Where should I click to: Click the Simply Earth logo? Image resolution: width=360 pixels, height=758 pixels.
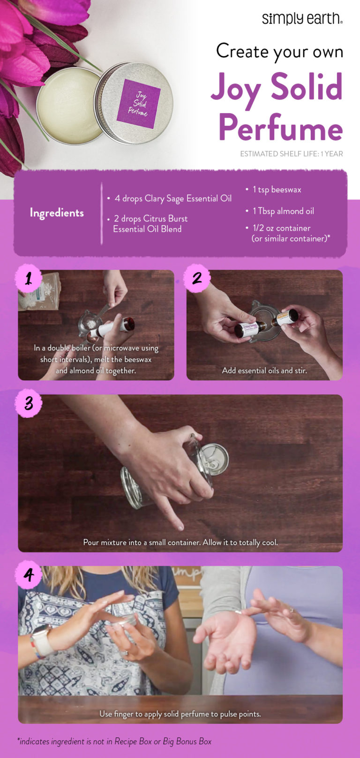[302, 18]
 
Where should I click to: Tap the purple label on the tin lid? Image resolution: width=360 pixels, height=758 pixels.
[139, 104]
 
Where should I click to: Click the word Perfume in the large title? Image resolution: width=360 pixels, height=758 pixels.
[280, 128]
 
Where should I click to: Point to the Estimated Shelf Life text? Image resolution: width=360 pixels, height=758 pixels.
[291, 154]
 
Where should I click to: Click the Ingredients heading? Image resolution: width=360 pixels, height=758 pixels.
[57, 212]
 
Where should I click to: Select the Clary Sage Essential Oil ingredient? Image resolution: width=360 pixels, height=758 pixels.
[173, 198]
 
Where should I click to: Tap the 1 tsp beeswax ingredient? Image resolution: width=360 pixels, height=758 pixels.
[277, 189]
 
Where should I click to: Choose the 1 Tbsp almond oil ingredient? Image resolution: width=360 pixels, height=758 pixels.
[283, 211]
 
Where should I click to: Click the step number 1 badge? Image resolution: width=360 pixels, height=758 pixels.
[29, 279]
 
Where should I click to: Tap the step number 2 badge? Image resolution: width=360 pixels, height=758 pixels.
[197, 278]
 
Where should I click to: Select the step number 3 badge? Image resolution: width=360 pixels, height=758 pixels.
[29, 403]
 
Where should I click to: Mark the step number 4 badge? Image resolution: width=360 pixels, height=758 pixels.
[29, 575]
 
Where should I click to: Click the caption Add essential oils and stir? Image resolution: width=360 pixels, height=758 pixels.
[264, 371]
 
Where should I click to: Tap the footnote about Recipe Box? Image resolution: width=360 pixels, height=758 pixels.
[115, 742]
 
